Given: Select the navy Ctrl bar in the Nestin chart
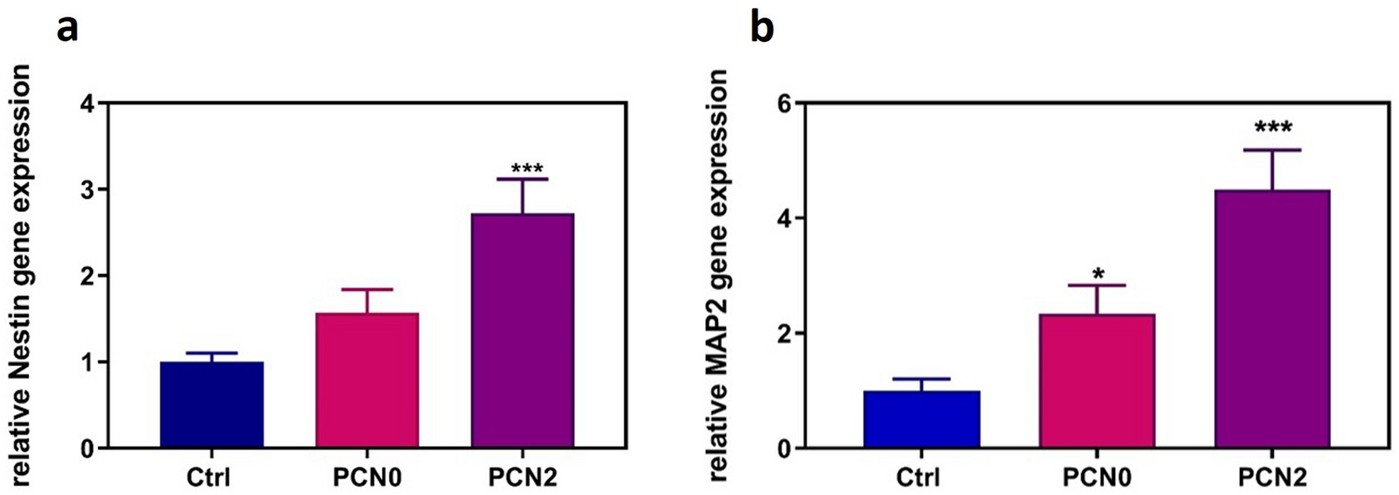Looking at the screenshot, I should click(x=211, y=405).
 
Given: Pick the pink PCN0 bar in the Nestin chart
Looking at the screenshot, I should click(x=367, y=380).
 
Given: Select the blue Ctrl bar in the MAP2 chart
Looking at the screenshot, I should click(x=921, y=419).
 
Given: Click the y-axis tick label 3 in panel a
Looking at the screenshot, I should click(x=88, y=190).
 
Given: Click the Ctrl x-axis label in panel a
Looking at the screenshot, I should click(x=208, y=478).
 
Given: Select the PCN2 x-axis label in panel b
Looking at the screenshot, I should click(x=1272, y=478).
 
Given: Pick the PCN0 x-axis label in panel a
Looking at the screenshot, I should click(x=367, y=478).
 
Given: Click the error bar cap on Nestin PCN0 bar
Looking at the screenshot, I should click(x=367, y=289).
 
